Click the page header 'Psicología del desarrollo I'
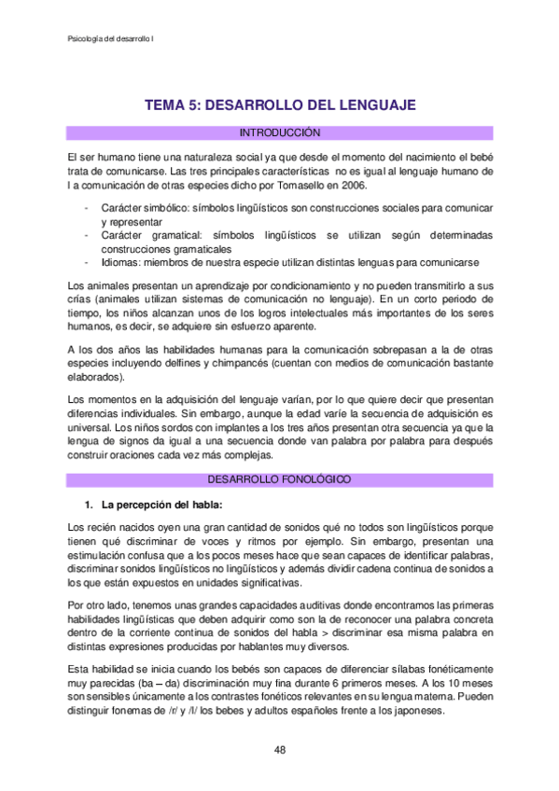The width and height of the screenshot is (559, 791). click(113, 38)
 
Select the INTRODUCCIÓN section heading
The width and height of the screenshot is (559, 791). click(280, 133)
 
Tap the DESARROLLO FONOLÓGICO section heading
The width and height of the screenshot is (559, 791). click(280, 479)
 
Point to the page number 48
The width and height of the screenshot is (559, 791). click(280, 749)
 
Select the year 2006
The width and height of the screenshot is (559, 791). click(351, 186)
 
